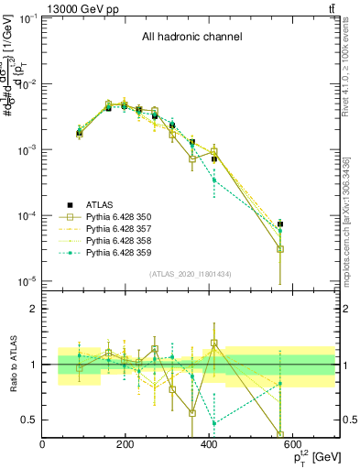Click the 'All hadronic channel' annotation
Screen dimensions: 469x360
coord(191,38)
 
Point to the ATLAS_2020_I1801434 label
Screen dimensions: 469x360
coord(190,274)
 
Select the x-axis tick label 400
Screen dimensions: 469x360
coord(210,446)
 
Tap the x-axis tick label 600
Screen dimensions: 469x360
coord(293,446)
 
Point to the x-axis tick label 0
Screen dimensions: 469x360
coord(43,446)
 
